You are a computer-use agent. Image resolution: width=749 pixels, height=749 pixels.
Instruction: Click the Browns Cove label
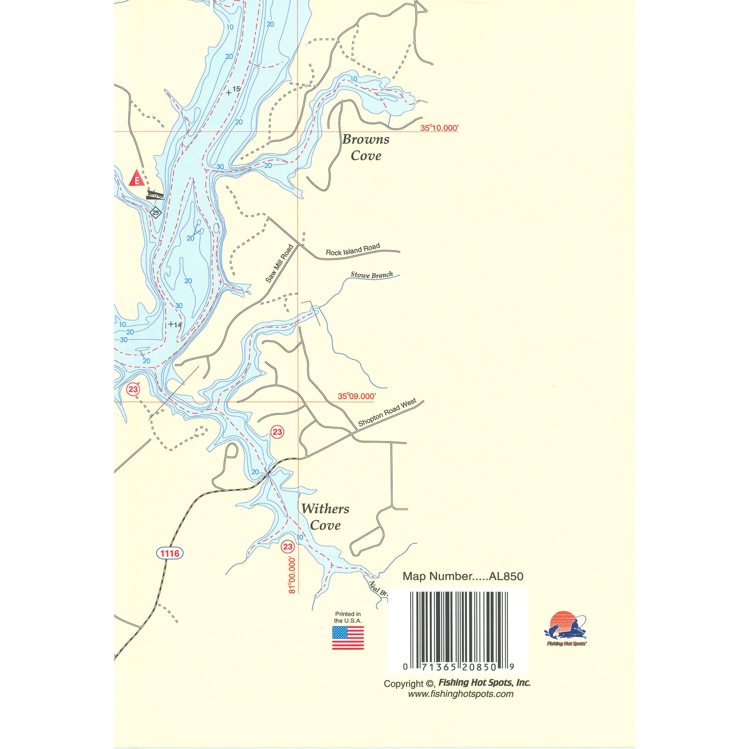[365, 148]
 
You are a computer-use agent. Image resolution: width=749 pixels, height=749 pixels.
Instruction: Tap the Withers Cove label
[325, 517]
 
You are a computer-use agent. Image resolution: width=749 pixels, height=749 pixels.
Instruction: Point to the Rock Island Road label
[353, 250]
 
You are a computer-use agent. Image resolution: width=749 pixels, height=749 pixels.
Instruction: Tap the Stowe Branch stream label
[371, 275]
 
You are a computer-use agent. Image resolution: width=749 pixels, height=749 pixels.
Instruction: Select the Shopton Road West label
[387, 413]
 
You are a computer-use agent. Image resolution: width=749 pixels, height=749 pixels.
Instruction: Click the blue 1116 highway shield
[170, 553]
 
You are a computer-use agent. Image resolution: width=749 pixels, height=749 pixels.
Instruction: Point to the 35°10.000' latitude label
[439, 128]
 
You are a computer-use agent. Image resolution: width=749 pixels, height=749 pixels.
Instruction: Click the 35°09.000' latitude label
[357, 396]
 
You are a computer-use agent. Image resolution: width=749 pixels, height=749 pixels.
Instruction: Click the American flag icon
[348, 638]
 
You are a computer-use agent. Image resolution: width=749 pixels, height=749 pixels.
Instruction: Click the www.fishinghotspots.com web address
[460, 694]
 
